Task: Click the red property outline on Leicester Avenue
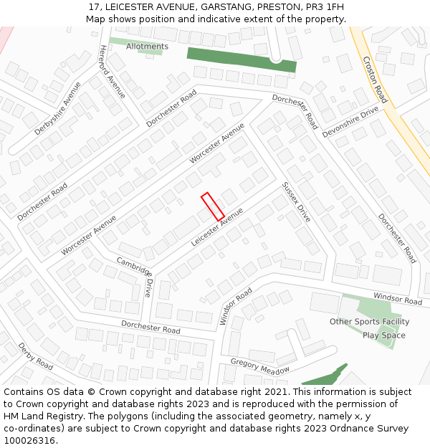(x=213, y=206)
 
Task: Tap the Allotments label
(x=147, y=47)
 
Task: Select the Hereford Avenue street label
(x=112, y=72)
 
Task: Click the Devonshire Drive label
(x=350, y=121)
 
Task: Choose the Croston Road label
(x=375, y=80)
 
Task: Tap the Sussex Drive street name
(x=295, y=201)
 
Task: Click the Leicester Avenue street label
(x=217, y=227)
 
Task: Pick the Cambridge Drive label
(x=135, y=277)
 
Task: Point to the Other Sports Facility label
(x=369, y=322)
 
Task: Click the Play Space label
(x=383, y=335)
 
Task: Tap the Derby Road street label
(x=35, y=356)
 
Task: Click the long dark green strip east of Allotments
(x=242, y=59)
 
